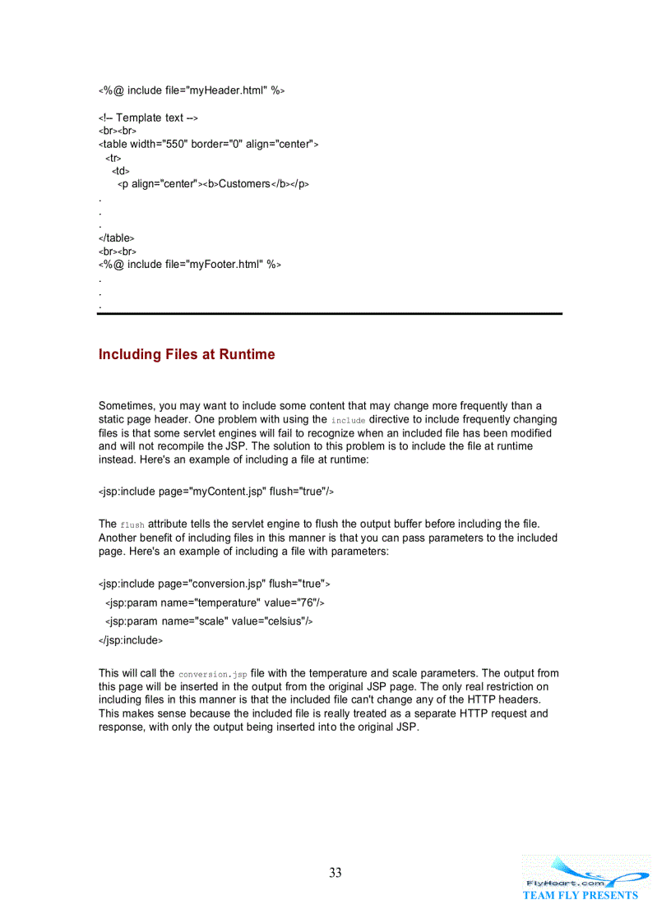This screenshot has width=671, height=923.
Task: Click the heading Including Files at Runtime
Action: click(187, 355)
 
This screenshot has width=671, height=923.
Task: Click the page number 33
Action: click(335, 873)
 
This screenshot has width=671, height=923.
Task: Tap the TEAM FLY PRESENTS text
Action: click(580, 895)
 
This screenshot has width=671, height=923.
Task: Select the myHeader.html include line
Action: click(192, 90)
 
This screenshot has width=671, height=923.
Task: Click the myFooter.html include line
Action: click(190, 265)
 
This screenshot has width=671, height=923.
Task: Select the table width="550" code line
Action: click(208, 145)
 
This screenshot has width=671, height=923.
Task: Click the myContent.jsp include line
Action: click(215, 491)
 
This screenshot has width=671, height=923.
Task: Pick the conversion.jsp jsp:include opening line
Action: click(214, 584)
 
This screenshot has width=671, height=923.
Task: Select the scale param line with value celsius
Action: click(209, 621)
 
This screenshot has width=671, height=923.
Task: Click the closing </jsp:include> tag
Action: click(130, 640)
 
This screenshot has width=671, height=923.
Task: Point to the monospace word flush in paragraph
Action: click(132, 525)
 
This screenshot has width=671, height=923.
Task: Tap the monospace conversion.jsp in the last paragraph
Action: click(212, 674)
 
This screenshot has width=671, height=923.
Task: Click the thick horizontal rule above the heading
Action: click(330, 314)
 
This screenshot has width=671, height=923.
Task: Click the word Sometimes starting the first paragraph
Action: click(126, 406)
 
